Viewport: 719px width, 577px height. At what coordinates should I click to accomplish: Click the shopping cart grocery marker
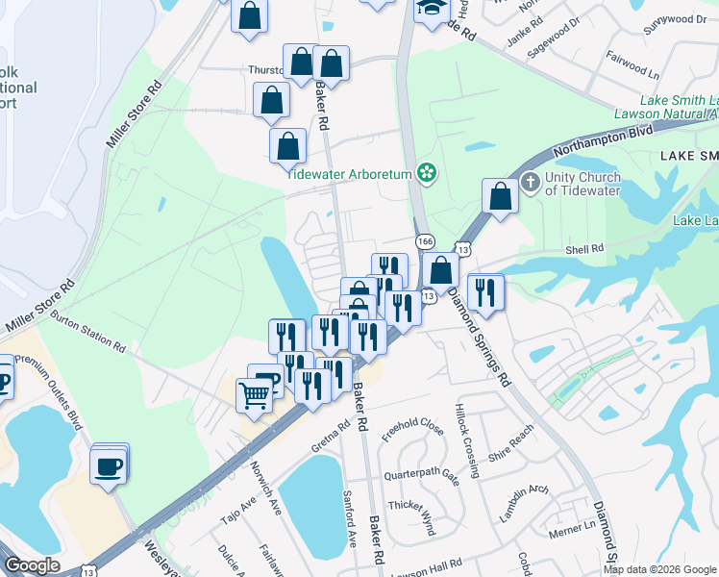[x=254, y=393]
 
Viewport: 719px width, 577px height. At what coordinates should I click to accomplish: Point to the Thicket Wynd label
[x=411, y=505]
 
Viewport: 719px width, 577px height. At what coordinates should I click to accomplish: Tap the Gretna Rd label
[x=331, y=439]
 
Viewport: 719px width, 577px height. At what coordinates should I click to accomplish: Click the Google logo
[x=32, y=565]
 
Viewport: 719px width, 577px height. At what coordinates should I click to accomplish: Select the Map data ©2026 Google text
[x=659, y=569]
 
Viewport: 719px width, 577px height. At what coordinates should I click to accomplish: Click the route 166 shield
[x=423, y=239]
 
